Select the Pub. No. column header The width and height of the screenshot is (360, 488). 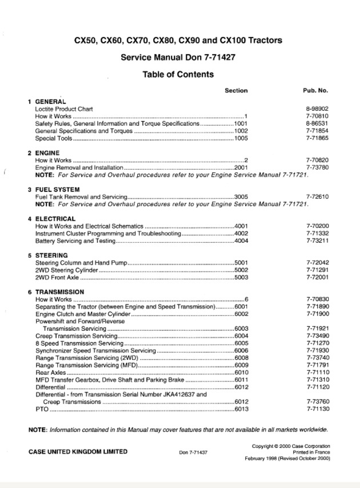(x=315, y=90)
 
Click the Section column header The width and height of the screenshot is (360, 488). (x=236, y=90)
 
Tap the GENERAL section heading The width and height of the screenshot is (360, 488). (x=51, y=101)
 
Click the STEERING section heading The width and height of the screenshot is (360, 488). (x=51, y=255)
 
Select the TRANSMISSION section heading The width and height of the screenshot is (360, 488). (x=60, y=292)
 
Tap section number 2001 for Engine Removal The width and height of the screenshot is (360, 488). (x=241, y=168)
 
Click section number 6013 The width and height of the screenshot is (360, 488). (x=241, y=410)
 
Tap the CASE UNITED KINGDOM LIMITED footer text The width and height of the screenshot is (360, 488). (x=78, y=451)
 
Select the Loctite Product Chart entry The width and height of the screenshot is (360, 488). (x=64, y=109)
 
